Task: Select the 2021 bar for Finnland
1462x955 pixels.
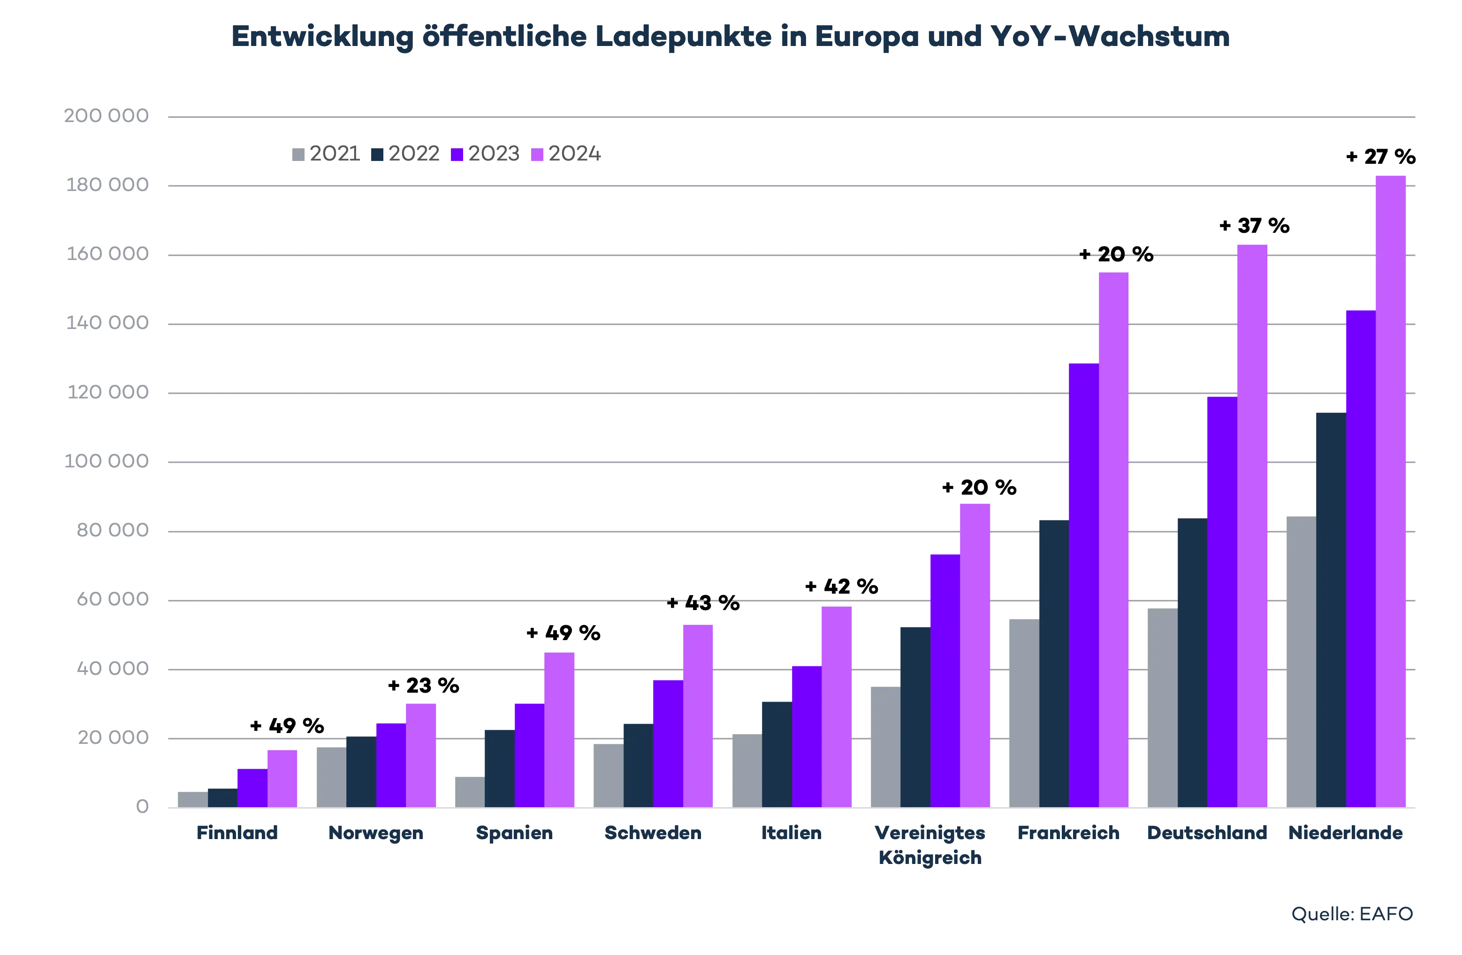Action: click(x=191, y=798)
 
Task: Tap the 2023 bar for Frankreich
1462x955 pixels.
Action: click(x=1084, y=584)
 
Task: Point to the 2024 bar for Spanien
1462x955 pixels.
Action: click(x=560, y=728)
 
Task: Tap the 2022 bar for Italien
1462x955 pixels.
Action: click(x=777, y=752)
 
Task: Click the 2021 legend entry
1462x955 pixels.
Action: click(x=324, y=153)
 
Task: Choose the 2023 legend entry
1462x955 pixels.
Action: click(x=486, y=153)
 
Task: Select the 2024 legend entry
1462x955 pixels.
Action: click(x=566, y=153)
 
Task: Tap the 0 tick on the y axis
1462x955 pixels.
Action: click(x=143, y=806)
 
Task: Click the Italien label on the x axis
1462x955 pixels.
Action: click(x=792, y=833)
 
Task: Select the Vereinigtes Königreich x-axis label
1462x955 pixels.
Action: click(x=930, y=845)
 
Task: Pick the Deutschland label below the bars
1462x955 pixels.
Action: click(x=1206, y=833)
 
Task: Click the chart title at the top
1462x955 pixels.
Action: click(x=731, y=38)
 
